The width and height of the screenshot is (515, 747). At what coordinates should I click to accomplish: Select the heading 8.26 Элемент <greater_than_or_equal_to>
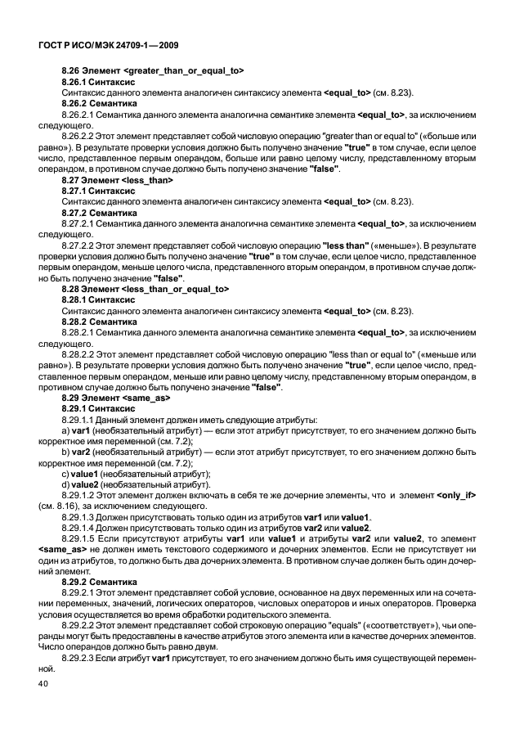152,71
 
